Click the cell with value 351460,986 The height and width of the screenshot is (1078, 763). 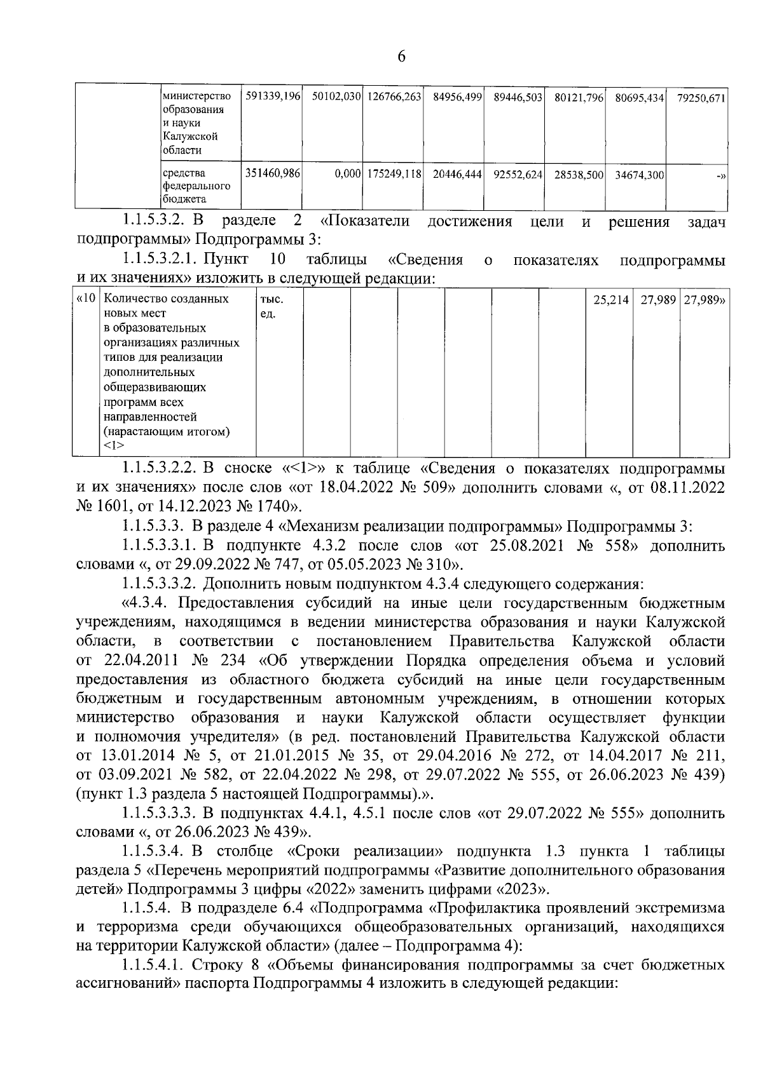272,173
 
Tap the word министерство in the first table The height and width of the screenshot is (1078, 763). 197,97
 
